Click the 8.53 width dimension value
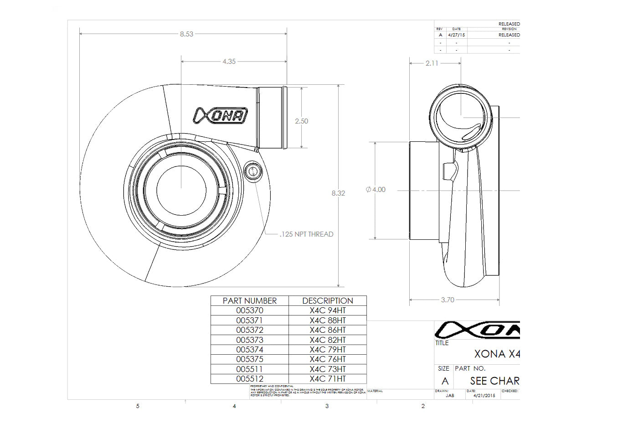pyautogui.click(x=186, y=34)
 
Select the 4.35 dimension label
pyautogui.click(x=229, y=62)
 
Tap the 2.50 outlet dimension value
pyautogui.click(x=301, y=121)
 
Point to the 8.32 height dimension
pyautogui.click(x=338, y=193)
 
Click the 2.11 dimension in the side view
pyautogui.click(x=432, y=63)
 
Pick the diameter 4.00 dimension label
pyautogui.click(x=376, y=190)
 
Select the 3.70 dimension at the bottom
pyautogui.click(x=448, y=300)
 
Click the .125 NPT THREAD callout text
pyautogui.click(x=306, y=234)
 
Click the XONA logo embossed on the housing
pyautogui.click(x=221, y=116)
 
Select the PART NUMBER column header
pyautogui.click(x=250, y=301)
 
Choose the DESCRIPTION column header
pyautogui.click(x=328, y=301)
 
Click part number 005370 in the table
pyautogui.click(x=250, y=310)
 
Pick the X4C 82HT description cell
pyautogui.click(x=328, y=340)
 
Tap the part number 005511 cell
pyautogui.click(x=250, y=369)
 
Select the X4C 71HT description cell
pyautogui.click(x=328, y=379)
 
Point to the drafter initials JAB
pyautogui.click(x=450, y=396)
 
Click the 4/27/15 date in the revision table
pyautogui.click(x=456, y=35)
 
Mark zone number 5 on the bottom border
pyautogui.click(x=138, y=406)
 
